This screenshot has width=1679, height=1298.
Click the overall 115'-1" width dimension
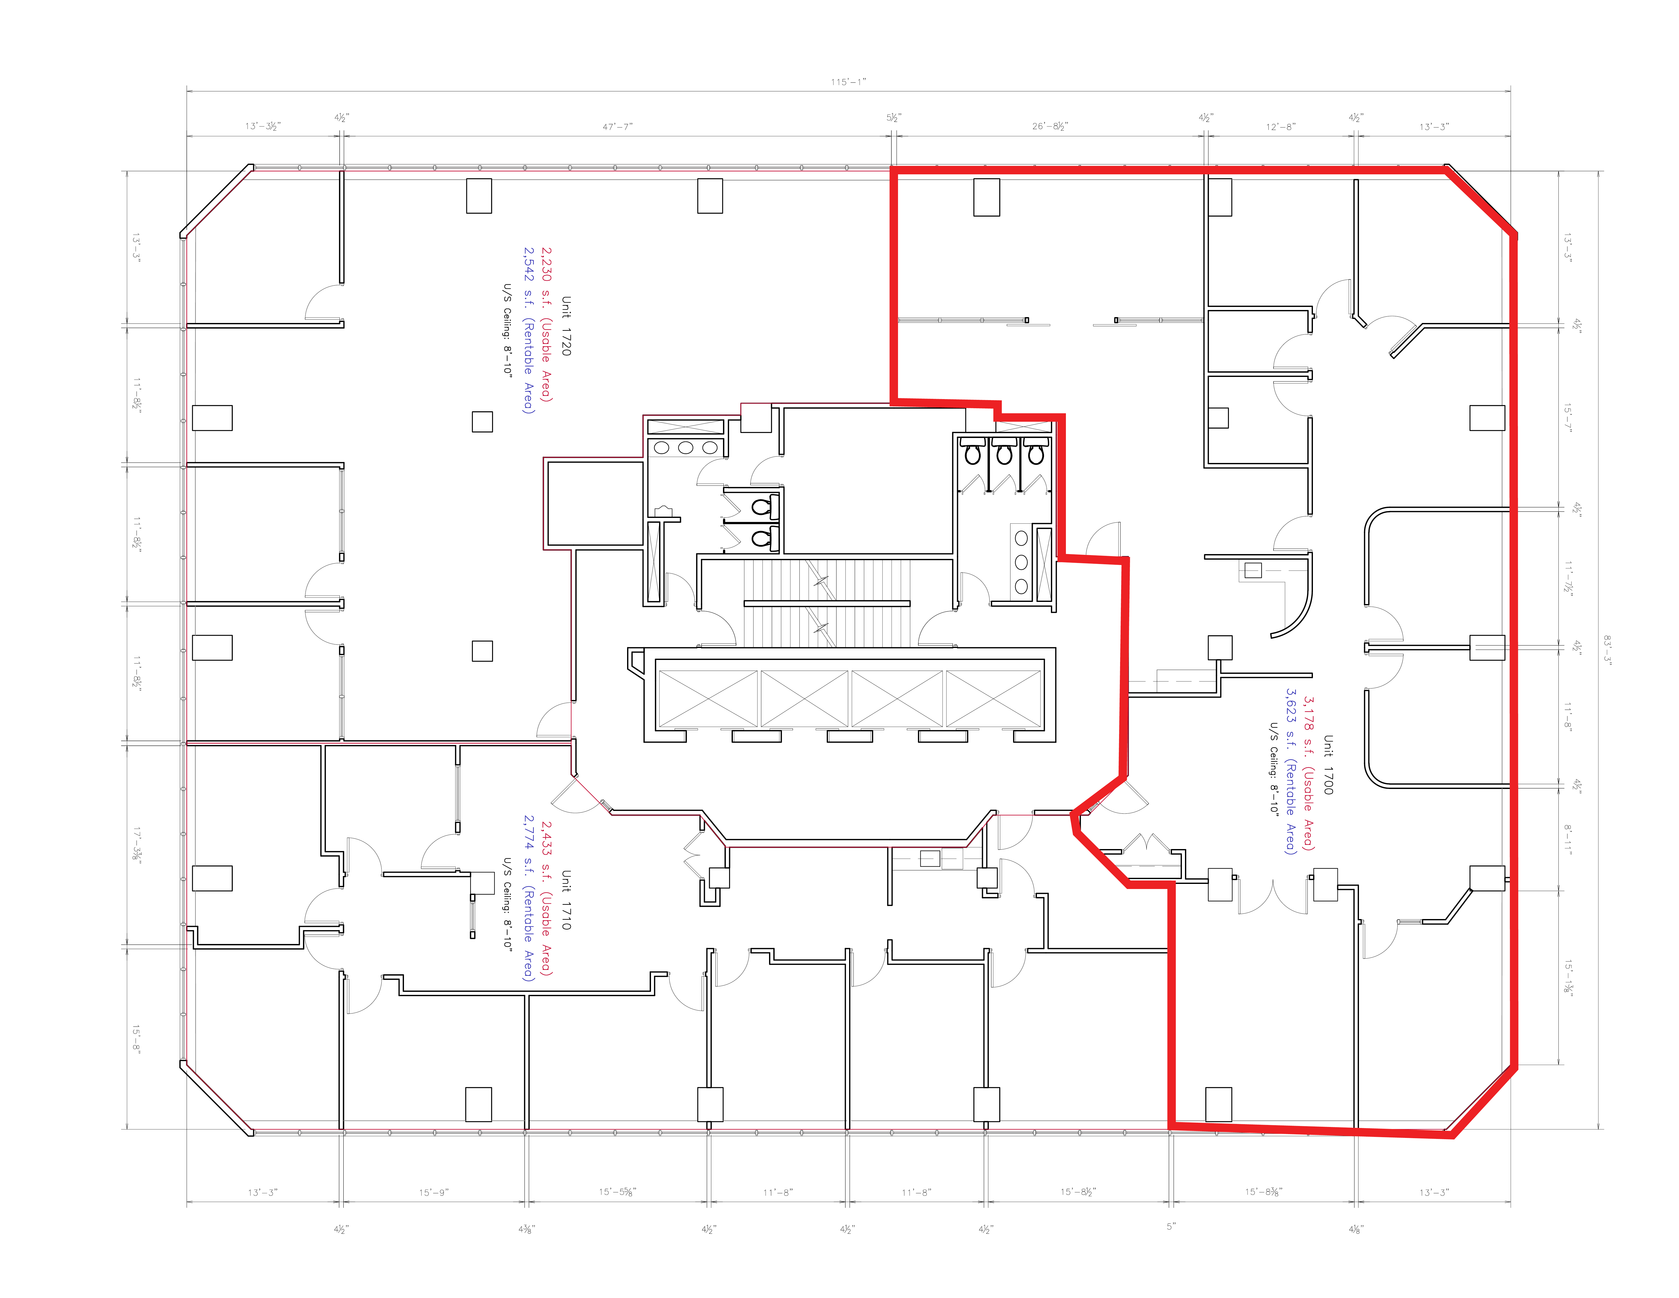click(848, 81)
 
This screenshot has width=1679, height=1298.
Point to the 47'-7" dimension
click(617, 126)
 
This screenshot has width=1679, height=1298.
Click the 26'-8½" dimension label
click(1049, 125)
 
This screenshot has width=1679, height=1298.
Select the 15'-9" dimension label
click(433, 1192)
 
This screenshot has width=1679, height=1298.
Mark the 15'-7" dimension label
click(1568, 418)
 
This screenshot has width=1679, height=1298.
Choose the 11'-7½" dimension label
click(1568, 577)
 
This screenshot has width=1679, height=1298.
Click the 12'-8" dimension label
click(1280, 126)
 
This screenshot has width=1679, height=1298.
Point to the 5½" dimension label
click(893, 118)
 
